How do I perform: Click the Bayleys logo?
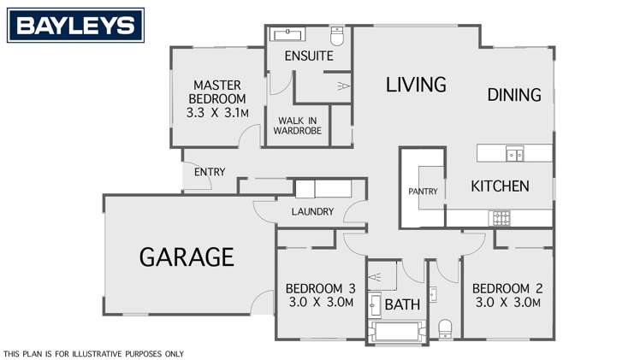click(x=76, y=26)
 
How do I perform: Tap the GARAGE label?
click(x=187, y=257)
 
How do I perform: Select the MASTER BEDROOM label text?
click(x=217, y=98)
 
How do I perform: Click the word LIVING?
click(x=416, y=85)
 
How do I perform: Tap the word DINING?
click(x=514, y=95)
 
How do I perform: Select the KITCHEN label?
click(x=501, y=186)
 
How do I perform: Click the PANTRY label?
click(x=423, y=192)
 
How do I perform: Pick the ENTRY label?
click(x=209, y=172)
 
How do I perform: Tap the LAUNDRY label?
click(x=311, y=212)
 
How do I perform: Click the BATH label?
click(x=401, y=304)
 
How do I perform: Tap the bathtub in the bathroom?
click(x=396, y=332)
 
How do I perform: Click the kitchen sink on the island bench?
click(x=514, y=155)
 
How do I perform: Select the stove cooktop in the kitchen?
click(x=500, y=220)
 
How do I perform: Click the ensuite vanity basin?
click(x=287, y=35)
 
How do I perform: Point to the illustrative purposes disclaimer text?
click(x=94, y=353)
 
